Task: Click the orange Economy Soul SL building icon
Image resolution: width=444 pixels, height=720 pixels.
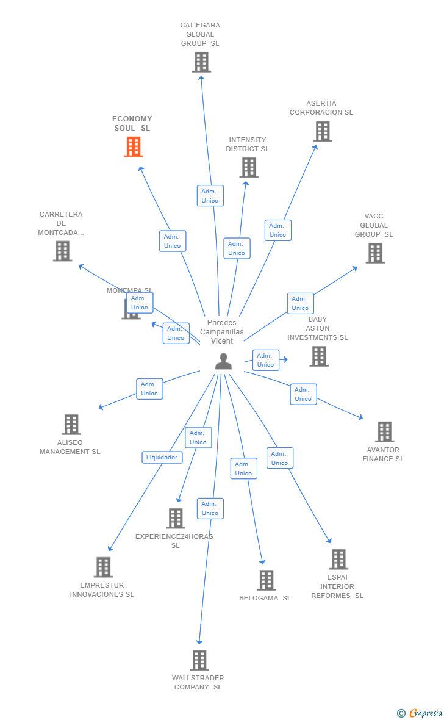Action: pos(134,147)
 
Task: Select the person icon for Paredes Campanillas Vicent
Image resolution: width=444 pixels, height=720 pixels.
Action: pos(223,362)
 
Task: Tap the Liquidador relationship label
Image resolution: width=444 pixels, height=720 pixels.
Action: pos(162,457)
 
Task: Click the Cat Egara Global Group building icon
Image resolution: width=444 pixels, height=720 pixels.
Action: pos(201,62)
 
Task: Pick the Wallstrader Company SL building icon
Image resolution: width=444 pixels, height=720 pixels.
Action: pos(199,660)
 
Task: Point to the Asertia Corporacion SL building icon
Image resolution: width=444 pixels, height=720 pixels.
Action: pos(323,131)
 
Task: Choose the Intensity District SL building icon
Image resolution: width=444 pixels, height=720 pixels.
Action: pos(249,168)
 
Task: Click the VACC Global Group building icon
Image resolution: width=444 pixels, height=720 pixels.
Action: pos(375,253)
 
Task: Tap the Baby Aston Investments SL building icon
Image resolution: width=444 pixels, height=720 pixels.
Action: pos(318,356)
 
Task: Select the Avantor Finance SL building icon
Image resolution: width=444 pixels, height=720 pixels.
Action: pos(384,432)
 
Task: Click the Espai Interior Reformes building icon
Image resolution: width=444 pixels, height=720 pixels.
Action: pos(338,559)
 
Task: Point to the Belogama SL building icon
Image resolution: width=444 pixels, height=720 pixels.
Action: pos(266,580)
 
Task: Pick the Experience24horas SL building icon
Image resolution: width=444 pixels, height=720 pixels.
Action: pos(176,518)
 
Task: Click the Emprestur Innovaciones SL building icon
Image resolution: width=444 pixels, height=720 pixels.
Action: pos(103,567)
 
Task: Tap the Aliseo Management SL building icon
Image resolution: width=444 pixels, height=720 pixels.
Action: pos(71,425)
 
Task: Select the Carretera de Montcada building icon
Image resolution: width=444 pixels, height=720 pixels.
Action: pos(62,251)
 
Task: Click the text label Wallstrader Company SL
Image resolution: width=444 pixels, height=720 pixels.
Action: pos(198,682)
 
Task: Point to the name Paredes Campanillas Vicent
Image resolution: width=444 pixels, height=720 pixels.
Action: pos(221,331)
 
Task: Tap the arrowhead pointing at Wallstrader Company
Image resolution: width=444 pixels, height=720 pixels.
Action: pos(199,641)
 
